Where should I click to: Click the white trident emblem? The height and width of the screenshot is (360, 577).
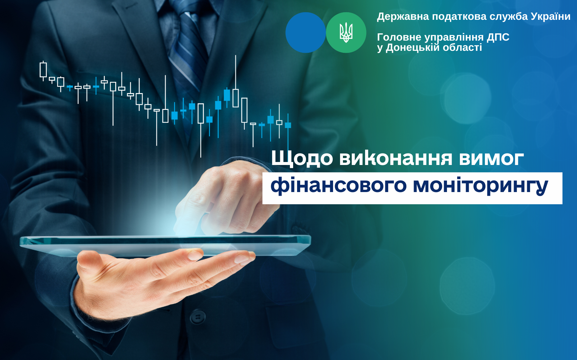pos(346,33)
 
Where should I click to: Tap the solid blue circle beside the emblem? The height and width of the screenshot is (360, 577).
pos(306,33)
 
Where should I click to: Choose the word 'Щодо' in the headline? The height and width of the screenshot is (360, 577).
pos(302,158)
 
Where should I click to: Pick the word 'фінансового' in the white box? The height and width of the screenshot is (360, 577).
pos(338,185)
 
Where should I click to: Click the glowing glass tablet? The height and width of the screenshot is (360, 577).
pos(165,245)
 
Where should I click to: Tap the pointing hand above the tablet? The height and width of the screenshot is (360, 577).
pos(224,198)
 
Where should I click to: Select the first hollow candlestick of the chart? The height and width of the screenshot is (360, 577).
pos(43,70)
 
